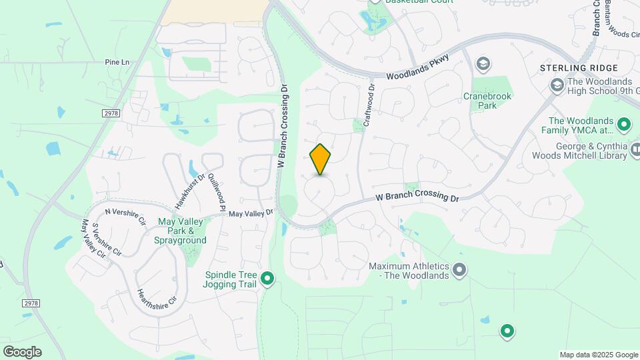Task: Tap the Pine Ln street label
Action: point(117,62)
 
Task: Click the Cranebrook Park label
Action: point(482,100)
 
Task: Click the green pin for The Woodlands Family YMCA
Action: point(624,123)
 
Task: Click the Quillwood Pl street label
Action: point(217,191)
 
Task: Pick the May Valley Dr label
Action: point(251,213)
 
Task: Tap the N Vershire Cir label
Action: point(125,217)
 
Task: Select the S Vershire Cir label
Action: point(107,239)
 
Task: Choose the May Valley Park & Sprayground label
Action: point(181,231)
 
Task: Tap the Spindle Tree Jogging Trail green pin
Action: point(267,279)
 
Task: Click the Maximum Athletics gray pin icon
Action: point(459,270)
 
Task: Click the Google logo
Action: point(22,352)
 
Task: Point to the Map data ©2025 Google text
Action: point(598,355)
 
